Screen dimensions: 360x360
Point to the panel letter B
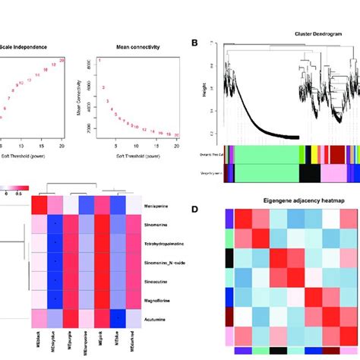tap(194, 43)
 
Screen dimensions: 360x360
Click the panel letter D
tap(194, 209)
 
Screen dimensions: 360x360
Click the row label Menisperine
tap(159, 207)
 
